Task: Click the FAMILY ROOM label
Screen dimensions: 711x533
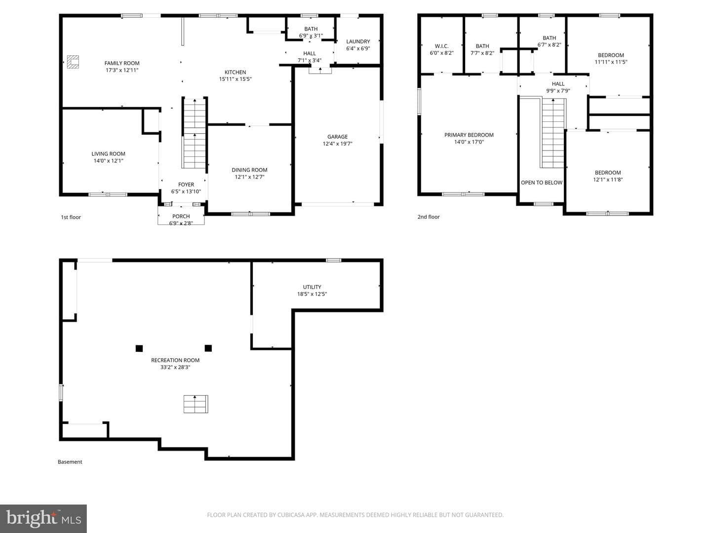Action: click(x=122, y=63)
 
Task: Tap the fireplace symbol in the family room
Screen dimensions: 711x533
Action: click(x=73, y=62)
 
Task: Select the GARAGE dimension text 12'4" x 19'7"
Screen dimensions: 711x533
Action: click(x=337, y=144)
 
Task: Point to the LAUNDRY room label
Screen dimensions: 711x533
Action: click(x=358, y=41)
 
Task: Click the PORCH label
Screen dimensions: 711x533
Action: click(x=181, y=216)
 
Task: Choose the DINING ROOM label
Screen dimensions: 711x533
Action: click(x=249, y=170)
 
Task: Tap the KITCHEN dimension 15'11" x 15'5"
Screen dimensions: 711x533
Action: click(x=235, y=79)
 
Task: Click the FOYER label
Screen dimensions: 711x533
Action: click(x=186, y=185)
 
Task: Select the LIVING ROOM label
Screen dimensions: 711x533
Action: click(x=108, y=153)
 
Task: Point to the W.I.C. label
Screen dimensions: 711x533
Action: click(x=441, y=46)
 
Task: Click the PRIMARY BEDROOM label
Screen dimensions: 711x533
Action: click(x=469, y=135)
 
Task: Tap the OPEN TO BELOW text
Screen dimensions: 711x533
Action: click(x=542, y=183)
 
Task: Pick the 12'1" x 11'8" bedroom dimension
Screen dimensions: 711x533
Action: click(x=608, y=180)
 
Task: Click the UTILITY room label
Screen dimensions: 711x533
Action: click(x=312, y=287)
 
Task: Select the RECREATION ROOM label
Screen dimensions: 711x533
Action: click(x=175, y=360)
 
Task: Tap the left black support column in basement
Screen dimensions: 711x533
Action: click(x=139, y=348)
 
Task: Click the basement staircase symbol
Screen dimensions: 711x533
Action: click(x=196, y=404)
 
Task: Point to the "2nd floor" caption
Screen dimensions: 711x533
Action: click(x=428, y=217)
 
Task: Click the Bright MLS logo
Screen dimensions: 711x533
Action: click(x=43, y=518)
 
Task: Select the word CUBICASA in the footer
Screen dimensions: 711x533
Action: click(x=291, y=515)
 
